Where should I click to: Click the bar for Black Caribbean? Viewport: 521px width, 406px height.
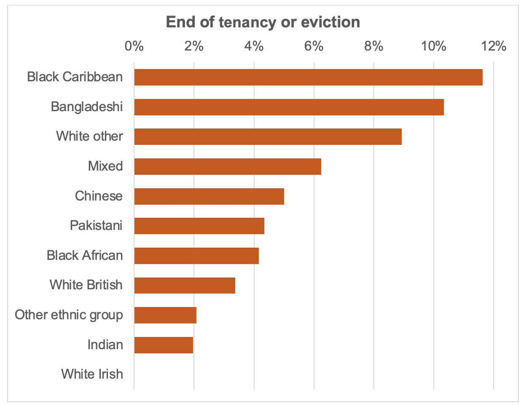tap(308, 77)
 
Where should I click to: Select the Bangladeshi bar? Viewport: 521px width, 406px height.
tap(289, 107)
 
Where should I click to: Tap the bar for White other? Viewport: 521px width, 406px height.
tap(268, 136)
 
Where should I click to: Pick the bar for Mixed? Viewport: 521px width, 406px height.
tap(228, 166)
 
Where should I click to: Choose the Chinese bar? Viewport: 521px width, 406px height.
tap(209, 196)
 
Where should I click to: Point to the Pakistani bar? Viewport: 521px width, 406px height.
tap(199, 226)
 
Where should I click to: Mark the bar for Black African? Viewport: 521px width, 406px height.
tap(196, 256)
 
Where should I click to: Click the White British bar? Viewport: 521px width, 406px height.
tap(185, 285)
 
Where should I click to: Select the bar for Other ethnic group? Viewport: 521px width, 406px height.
tap(165, 315)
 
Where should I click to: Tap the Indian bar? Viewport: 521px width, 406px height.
tap(164, 345)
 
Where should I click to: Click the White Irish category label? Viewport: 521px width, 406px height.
tap(92, 374)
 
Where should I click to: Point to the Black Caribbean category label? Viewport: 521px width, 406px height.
tap(75, 77)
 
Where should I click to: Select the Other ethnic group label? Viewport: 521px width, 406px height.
tap(69, 315)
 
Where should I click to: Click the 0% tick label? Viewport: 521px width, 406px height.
tap(134, 46)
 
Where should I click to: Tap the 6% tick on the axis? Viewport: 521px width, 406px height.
tap(314, 46)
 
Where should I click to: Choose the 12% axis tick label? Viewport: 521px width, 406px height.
tap(494, 46)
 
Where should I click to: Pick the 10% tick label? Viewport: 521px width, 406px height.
tap(434, 46)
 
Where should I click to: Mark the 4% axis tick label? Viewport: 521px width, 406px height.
tap(254, 46)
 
